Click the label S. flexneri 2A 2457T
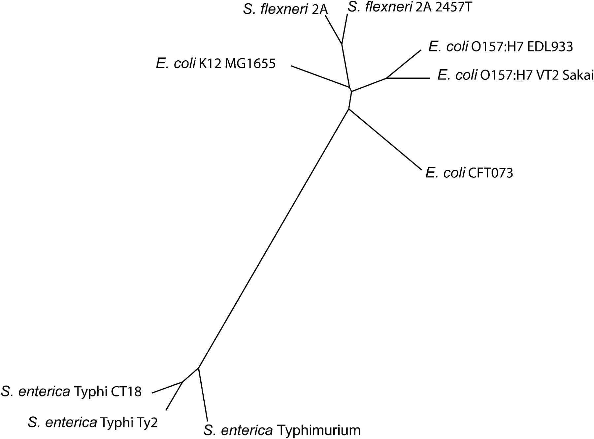pyautogui.click(x=410, y=7)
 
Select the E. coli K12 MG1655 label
pyautogui.click(x=215, y=63)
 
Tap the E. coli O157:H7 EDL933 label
pyautogui.click(x=501, y=47)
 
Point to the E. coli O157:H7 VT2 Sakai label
pyautogui.click(x=515, y=75)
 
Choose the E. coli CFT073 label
pyautogui.click(x=469, y=173)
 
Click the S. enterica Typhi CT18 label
pyautogui.click(x=71, y=392)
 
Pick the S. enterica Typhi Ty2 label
pyautogui.click(x=93, y=422)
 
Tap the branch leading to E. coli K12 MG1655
pyautogui.click(x=321, y=77)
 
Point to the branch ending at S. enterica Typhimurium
pyautogui.click(x=203, y=394)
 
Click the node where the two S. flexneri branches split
pyautogui.click(x=342, y=44)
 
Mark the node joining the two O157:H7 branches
pyautogui.click(x=387, y=78)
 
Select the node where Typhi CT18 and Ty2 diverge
pyautogui.click(x=182, y=382)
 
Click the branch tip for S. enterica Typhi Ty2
pyautogui.click(x=166, y=410)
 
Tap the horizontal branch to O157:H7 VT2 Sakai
pyautogui.click(x=408, y=78)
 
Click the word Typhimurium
pyautogui.click(x=319, y=430)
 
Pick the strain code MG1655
pyautogui.click(x=250, y=63)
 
